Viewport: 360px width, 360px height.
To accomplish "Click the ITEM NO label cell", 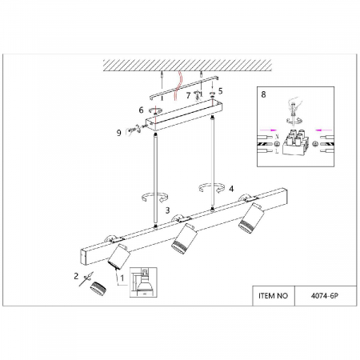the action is click(x=274, y=296).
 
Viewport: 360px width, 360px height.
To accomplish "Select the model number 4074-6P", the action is click(x=325, y=296).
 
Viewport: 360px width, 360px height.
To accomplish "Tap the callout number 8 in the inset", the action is click(x=263, y=94).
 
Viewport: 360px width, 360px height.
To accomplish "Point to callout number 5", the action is click(x=220, y=91).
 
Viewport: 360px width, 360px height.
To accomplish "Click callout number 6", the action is click(x=141, y=110).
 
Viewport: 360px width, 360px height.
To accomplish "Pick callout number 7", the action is click(x=188, y=95).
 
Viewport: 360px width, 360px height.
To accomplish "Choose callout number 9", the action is click(x=119, y=133).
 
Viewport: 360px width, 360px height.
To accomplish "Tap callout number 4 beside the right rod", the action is click(x=231, y=189).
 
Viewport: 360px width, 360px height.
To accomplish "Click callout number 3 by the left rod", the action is click(x=167, y=210).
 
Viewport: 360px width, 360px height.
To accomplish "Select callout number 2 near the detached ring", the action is click(x=76, y=276).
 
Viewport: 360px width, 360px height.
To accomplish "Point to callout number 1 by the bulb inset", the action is click(x=122, y=278).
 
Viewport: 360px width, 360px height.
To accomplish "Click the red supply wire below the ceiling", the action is click(x=178, y=86).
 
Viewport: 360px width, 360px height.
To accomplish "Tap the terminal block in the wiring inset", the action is click(x=296, y=142).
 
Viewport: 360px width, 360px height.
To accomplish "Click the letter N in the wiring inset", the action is click(x=277, y=137).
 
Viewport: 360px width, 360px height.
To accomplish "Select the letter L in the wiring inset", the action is click(x=277, y=151).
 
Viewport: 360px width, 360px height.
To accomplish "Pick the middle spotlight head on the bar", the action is click(x=184, y=238).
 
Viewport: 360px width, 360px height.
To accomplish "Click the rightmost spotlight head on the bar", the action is click(x=251, y=218).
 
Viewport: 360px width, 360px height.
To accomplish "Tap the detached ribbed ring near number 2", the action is click(x=98, y=289).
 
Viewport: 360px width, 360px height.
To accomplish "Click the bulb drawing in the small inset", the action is click(x=144, y=284).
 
